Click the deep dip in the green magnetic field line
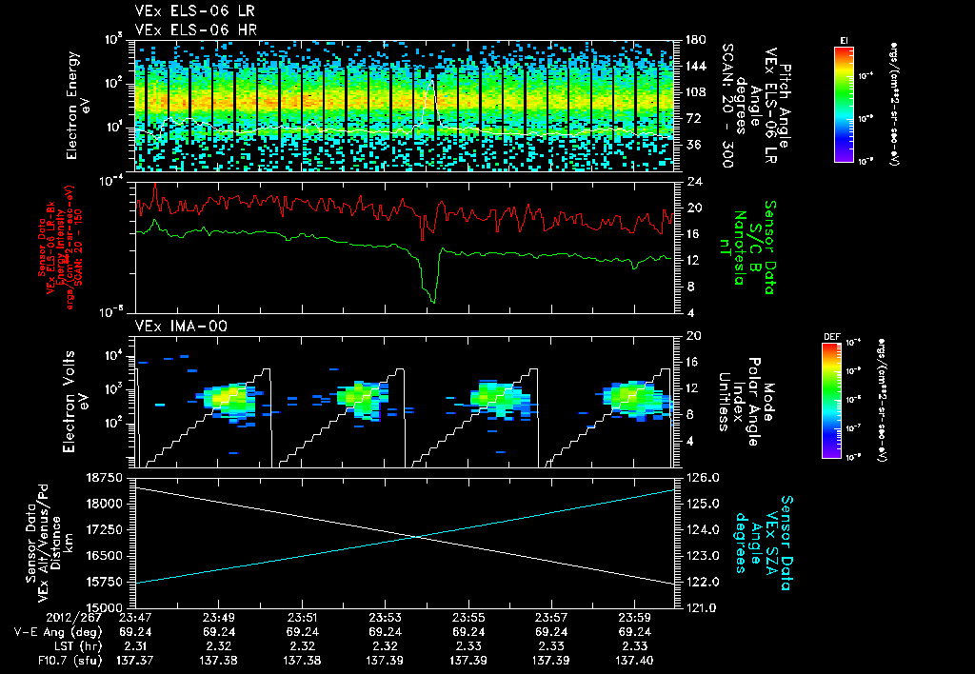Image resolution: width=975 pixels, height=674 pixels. click(x=433, y=301)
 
